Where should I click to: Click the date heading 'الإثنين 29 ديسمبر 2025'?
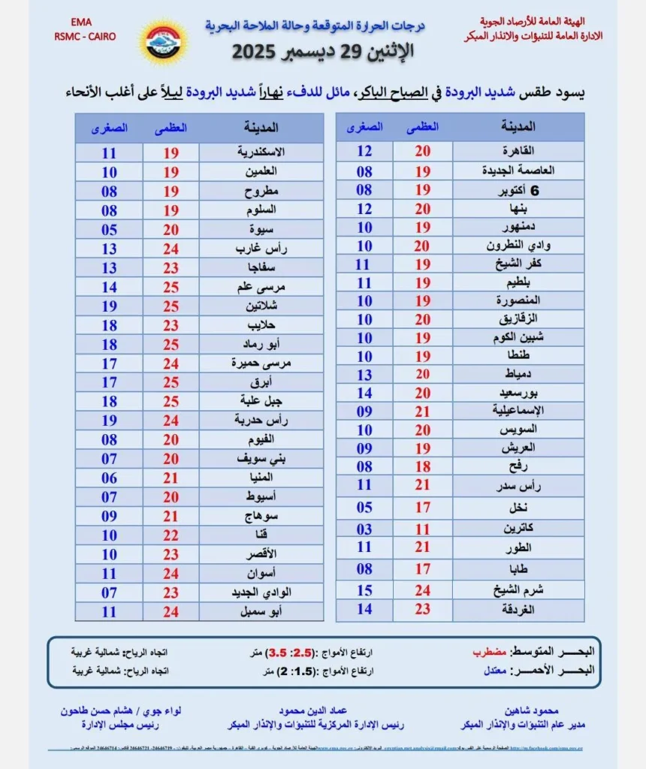pos(322,53)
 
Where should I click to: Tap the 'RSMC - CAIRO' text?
pos(85,36)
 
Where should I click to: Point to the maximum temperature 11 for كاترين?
pos(423,529)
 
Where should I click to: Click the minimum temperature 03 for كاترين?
pos(364,529)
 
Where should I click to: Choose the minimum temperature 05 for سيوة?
pos(109,230)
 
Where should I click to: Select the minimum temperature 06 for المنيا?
pos(109,477)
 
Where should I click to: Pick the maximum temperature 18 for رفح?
pos(423,466)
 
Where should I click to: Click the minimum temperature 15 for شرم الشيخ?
pos(364,590)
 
